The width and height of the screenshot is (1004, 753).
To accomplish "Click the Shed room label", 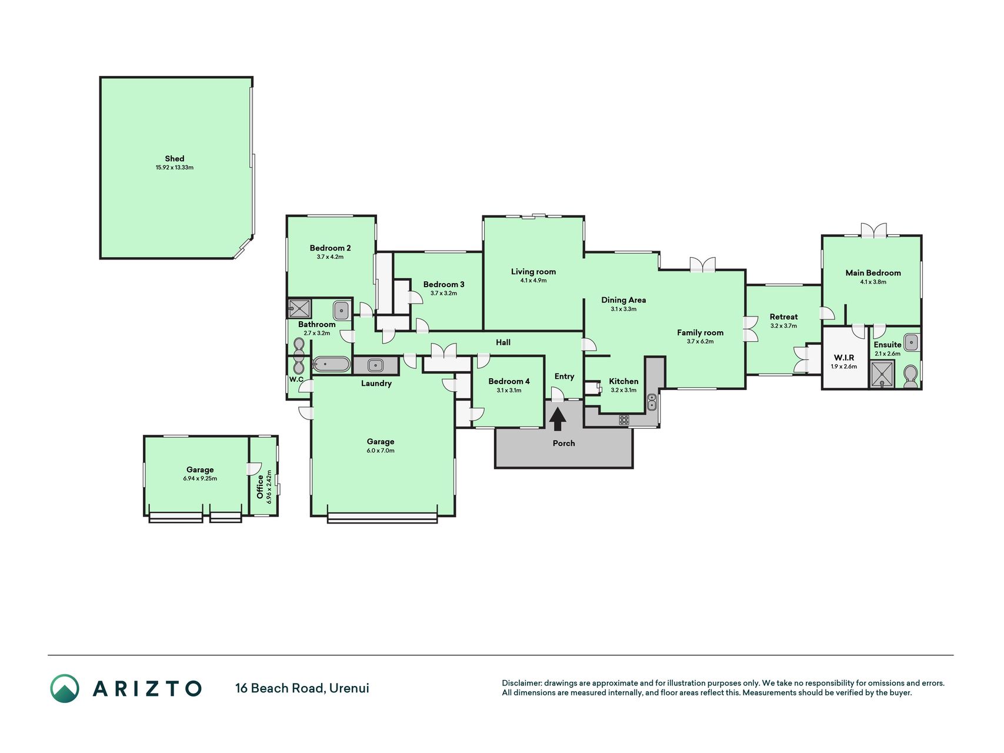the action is (174, 159).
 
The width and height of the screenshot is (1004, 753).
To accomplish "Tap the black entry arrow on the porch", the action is (558, 419).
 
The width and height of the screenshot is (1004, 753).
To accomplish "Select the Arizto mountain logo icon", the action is (65, 688).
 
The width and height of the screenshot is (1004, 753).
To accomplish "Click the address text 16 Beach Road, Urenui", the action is (302, 688).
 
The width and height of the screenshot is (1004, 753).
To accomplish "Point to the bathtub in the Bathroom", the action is (331, 365).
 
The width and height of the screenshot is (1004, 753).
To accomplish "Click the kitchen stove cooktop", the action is (623, 420).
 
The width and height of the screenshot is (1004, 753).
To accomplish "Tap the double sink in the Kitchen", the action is (652, 402).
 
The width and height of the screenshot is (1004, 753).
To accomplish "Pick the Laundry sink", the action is (375, 365).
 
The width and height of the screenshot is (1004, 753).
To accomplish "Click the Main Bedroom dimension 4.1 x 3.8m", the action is (873, 282).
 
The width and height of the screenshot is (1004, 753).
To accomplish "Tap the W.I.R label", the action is (844, 358).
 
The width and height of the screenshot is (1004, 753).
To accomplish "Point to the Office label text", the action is (260, 487).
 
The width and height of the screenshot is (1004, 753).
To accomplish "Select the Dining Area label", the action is (623, 300).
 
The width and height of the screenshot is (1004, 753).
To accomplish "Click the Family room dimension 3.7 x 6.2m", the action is (700, 342).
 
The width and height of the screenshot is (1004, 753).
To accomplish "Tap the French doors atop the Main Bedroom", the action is (873, 230).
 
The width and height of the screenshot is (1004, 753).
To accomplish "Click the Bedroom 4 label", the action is (509, 381).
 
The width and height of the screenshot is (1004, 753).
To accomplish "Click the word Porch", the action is (563, 443).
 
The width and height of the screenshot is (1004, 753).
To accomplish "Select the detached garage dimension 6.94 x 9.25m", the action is (200, 479).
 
